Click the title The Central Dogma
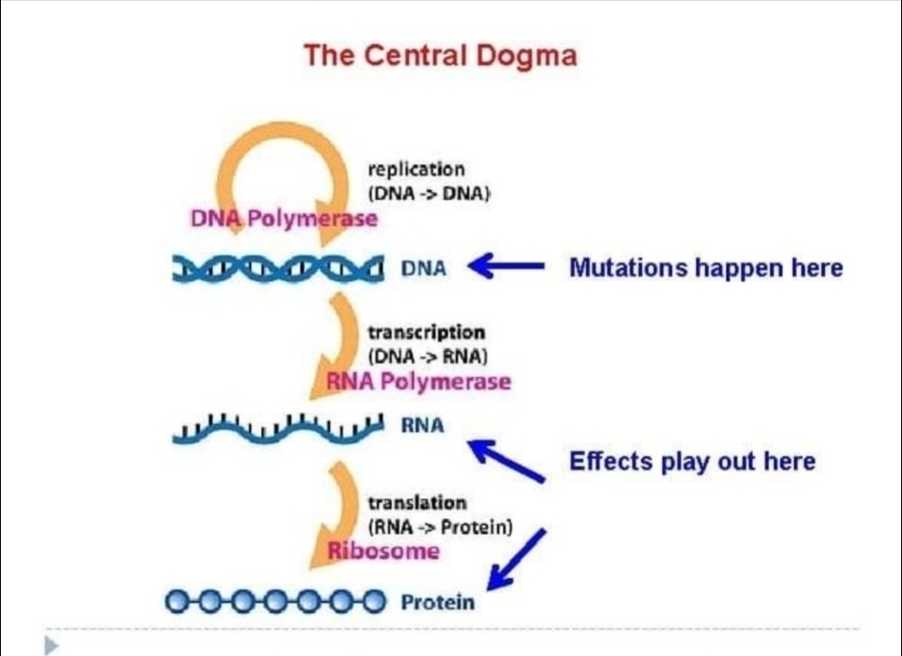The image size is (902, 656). pos(440,56)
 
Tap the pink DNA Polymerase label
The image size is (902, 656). pos(284,219)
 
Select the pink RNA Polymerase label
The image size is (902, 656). pos(418,381)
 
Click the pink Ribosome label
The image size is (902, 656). pos(384,551)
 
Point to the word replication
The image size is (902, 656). pos(417,169)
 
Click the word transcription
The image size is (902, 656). pos(427,333)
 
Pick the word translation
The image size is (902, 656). pos(418,503)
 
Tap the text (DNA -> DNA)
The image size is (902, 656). pos(429,194)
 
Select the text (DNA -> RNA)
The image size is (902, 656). pos(428,357)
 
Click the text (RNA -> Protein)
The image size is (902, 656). pos(440,527)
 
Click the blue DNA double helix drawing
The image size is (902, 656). pos(277,269)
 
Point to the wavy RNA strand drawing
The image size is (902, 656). pos(277,429)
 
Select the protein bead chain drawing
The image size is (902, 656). pos(276,602)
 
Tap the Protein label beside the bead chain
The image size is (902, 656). pos(437,603)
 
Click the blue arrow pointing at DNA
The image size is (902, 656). pos(506,266)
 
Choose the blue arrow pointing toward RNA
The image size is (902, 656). pos(506,461)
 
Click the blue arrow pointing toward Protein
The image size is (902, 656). pos(516,559)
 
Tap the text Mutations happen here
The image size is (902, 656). pos(707,268)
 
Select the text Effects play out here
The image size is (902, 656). pos(692,461)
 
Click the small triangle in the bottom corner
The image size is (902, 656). pos(52,645)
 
